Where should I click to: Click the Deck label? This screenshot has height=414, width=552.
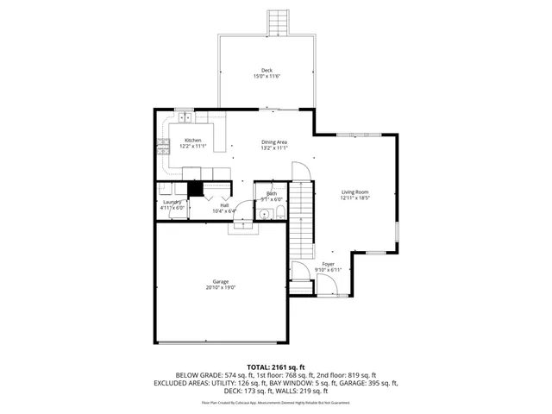pyautogui.click(x=267, y=70)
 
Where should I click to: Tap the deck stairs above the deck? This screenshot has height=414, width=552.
pyautogui.click(x=279, y=22)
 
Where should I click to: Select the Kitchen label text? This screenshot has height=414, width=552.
pyautogui.click(x=192, y=141)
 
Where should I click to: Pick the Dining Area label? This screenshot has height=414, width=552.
pyautogui.click(x=274, y=141)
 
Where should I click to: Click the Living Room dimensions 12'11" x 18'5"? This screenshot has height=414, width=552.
pyautogui.click(x=354, y=198)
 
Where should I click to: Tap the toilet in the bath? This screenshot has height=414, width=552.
pyautogui.click(x=279, y=212)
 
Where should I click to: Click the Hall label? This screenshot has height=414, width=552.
pyautogui.click(x=223, y=204)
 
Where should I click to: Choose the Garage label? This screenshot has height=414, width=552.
pyautogui.click(x=222, y=281)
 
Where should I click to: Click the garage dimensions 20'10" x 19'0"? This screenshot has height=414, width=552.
pyautogui.click(x=222, y=287)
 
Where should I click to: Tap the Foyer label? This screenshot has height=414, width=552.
pyautogui.click(x=328, y=264)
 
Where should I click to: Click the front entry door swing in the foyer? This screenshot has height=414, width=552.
pyautogui.click(x=300, y=272)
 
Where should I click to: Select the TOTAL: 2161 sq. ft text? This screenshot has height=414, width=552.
pyautogui.click(x=275, y=366)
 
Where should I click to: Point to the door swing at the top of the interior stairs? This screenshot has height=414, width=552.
pyautogui.click(x=300, y=172)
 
